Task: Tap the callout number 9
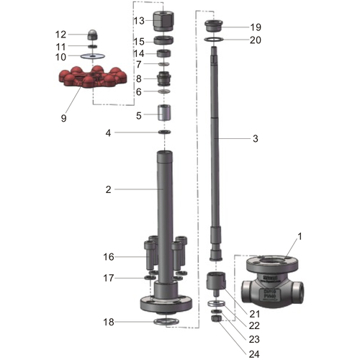click(63, 117)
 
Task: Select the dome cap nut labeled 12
click(93, 35)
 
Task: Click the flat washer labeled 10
click(93, 55)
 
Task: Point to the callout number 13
click(139, 20)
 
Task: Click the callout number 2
click(108, 189)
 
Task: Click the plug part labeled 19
click(214, 27)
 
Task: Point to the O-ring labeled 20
click(214, 40)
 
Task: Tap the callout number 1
click(300, 236)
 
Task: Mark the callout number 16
click(108, 256)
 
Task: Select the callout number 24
click(254, 353)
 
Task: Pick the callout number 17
click(108, 278)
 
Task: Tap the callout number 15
click(139, 41)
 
